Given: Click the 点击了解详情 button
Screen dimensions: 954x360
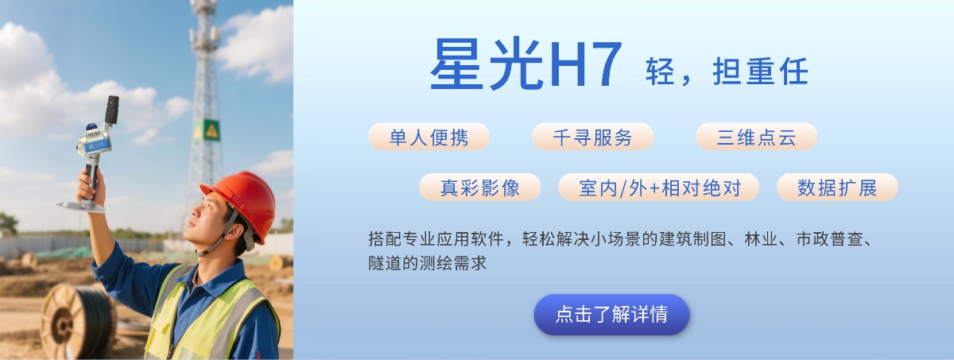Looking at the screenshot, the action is coord(611,315).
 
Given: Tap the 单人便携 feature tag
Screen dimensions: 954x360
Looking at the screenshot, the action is coord(429,137).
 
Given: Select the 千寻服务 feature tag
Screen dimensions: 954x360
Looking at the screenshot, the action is coord(592,137).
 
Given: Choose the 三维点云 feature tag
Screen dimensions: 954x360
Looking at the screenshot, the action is coord(756,137).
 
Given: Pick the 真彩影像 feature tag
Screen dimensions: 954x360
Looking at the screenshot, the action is coord(480,188).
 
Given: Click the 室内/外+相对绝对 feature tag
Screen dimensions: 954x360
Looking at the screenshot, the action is coord(658,188).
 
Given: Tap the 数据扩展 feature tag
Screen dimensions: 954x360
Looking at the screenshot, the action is coord(837,188).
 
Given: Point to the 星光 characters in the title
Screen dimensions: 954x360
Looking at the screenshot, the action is coord(487,64).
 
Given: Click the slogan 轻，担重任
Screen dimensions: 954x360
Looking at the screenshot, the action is coord(727,72).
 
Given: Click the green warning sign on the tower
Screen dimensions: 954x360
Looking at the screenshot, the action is coord(211,130).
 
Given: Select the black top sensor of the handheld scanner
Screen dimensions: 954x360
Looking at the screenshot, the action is coord(112,110).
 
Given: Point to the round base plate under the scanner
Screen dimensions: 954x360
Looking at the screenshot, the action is coord(81,207).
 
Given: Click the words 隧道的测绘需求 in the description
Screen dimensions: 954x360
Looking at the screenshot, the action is coord(427,263).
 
